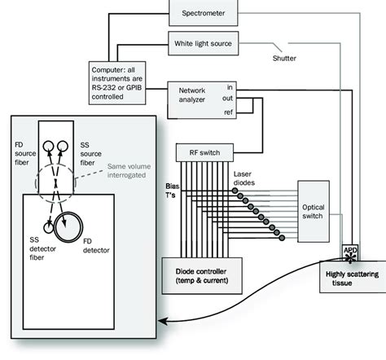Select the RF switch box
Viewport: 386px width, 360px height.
(x=208, y=151)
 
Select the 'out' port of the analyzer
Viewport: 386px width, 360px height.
(x=231, y=98)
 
